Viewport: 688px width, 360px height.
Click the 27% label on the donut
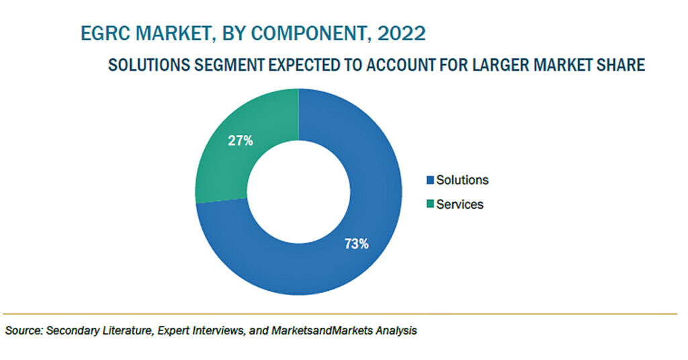[241, 141]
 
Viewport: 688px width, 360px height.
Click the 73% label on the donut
[356, 244]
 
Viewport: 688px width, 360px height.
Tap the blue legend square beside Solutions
[430, 180]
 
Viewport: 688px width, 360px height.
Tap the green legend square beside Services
[430, 204]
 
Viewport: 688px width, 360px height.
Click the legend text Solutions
[462, 180]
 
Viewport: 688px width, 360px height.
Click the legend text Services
[460, 204]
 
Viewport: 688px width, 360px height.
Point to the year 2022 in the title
[401, 34]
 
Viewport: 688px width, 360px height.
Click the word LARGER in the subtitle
[500, 65]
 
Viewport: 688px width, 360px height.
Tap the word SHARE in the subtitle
[621, 65]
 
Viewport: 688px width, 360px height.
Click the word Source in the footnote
[24, 330]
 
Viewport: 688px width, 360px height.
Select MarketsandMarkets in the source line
[322, 330]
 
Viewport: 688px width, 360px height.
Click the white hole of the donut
[299, 191]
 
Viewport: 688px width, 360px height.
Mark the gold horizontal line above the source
[340, 314]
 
